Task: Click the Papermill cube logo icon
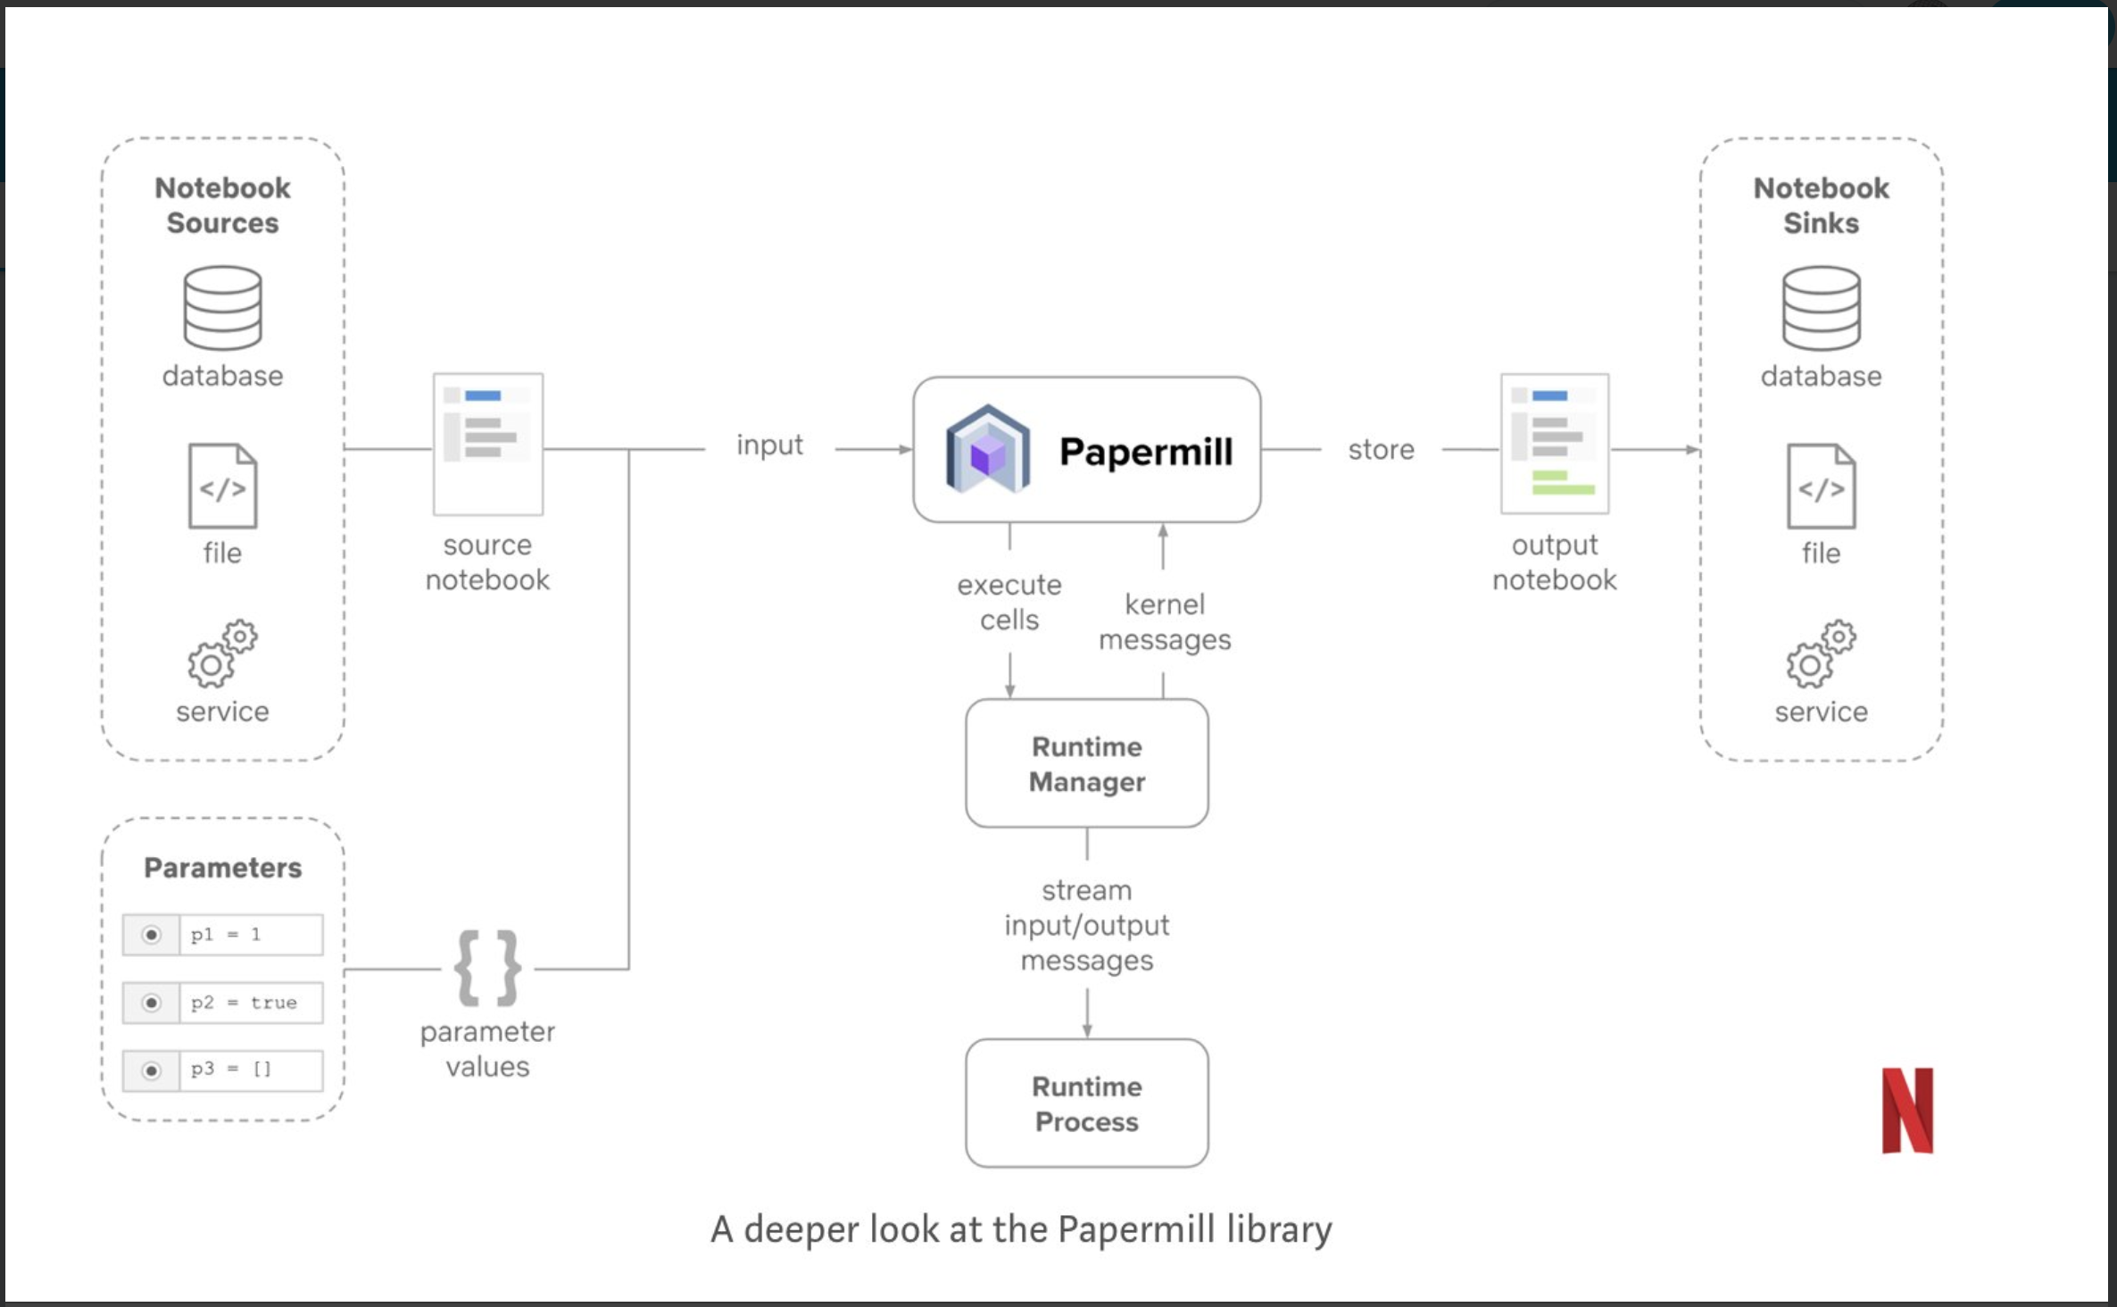[987, 450]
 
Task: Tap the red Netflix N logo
[1907, 1110]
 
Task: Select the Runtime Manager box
[1086, 763]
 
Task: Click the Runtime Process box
[1086, 1103]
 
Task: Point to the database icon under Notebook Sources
[222, 308]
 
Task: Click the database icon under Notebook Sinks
[1821, 308]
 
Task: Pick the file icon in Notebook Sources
[222, 487]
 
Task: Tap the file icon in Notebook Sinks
[1821, 487]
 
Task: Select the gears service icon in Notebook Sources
[222, 653]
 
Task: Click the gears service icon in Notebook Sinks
[1821, 653]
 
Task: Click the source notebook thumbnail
[488, 444]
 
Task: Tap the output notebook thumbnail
[1555, 444]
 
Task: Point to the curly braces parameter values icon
[487, 968]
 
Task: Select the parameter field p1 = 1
[250, 935]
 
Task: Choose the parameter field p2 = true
[250, 1003]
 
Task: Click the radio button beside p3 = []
[152, 1070]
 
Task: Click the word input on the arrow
[769, 445]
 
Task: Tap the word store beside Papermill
[1381, 449]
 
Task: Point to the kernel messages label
[1165, 622]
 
